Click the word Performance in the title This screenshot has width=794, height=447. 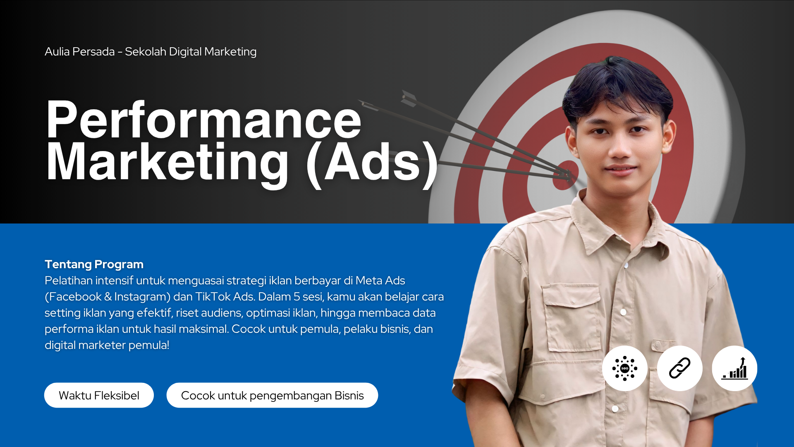click(x=204, y=120)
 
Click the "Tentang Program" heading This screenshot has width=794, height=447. click(x=94, y=264)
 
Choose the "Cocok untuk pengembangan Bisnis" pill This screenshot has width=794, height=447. click(x=272, y=395)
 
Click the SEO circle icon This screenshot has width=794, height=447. click(x=625, y=368)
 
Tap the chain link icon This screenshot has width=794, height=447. click(x=680, y=368)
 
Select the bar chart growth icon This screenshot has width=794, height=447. click(x=734, y=368)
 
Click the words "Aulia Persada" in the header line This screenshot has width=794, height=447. click(x=79, y=52)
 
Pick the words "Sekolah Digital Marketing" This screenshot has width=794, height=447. click(x=191, y=52)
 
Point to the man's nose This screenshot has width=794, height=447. click(x=619, y=148)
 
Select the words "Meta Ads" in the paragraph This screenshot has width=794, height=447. click(x=380, y=281)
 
